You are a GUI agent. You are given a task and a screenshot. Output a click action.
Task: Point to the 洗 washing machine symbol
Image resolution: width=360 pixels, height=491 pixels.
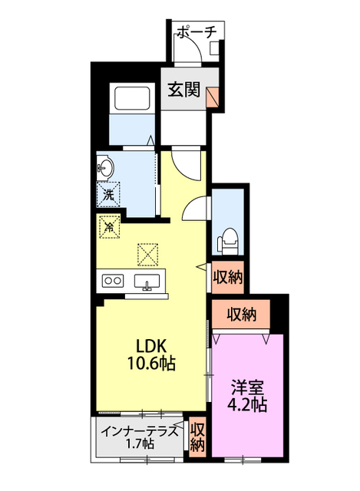(107, 194)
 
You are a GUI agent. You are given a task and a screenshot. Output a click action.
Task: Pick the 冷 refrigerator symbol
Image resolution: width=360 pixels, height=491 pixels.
(109, 227)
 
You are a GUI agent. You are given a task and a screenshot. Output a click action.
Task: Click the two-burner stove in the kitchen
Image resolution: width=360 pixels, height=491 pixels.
(113, 281)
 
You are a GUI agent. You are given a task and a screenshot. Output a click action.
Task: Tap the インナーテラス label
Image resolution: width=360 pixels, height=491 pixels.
(140, 430)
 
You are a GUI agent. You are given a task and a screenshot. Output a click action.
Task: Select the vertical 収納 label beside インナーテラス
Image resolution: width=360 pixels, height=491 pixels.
(197, 437)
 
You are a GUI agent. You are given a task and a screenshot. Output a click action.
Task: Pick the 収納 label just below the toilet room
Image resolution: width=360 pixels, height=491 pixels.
(227, 278)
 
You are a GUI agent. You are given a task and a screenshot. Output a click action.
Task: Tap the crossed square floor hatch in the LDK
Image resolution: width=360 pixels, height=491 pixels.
(147, 252)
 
